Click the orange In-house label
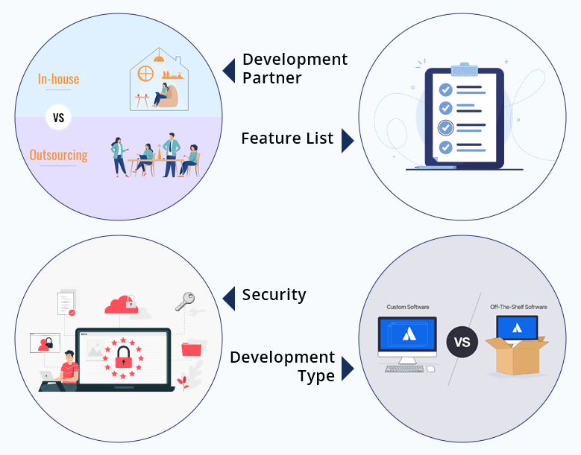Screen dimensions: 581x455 click(58, 79)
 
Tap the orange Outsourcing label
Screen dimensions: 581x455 click(58, 155)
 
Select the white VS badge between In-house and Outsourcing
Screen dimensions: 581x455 click(58, 117)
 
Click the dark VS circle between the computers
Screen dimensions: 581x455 click(462, 342)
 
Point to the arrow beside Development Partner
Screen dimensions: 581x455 click(229, 71)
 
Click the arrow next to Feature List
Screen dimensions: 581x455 click(348, 141)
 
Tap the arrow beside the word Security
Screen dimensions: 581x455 click(229, 299)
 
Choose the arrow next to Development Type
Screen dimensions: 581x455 click(348, 369)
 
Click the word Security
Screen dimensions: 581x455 click(274, 295)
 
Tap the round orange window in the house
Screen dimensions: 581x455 click(145, 73)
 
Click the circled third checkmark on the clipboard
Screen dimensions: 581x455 click(445, 127)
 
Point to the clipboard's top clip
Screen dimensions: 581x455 click(465, 69)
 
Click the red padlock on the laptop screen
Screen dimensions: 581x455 click(123, 357)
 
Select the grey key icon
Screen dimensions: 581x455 click(185, 301)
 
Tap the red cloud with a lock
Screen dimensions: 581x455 click(122, 305)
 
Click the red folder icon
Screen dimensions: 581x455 click(191, 349)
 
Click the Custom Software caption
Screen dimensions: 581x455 click(407, 307)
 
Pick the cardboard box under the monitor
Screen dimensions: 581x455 click(517, 356)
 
